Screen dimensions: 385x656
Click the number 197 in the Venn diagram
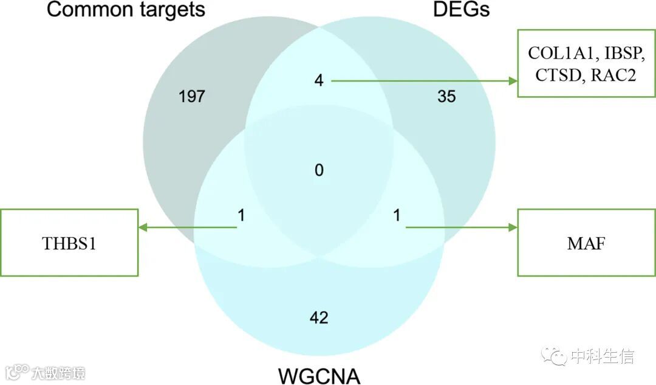coord(192,96)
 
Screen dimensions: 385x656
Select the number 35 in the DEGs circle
coord(446,96)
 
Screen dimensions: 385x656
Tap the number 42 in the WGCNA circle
coord(319,317)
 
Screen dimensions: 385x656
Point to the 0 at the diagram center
coord(319,170)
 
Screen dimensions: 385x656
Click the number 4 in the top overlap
coord(319,80)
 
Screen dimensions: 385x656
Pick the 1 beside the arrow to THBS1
coord(241,215)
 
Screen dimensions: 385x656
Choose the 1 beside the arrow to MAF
coord(397,215)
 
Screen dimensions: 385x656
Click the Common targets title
coord(126,10)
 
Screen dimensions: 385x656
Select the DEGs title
coord(461,10)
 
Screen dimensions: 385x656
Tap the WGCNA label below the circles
coord(319,375)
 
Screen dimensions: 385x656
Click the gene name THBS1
coord(69,244)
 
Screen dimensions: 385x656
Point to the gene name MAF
coord(586,244)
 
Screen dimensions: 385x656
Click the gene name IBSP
coord(620,54)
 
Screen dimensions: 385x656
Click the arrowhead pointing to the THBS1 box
coord(143,227)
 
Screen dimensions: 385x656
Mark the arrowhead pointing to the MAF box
coord(513,227)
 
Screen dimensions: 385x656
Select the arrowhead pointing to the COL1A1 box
coord(513,80)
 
